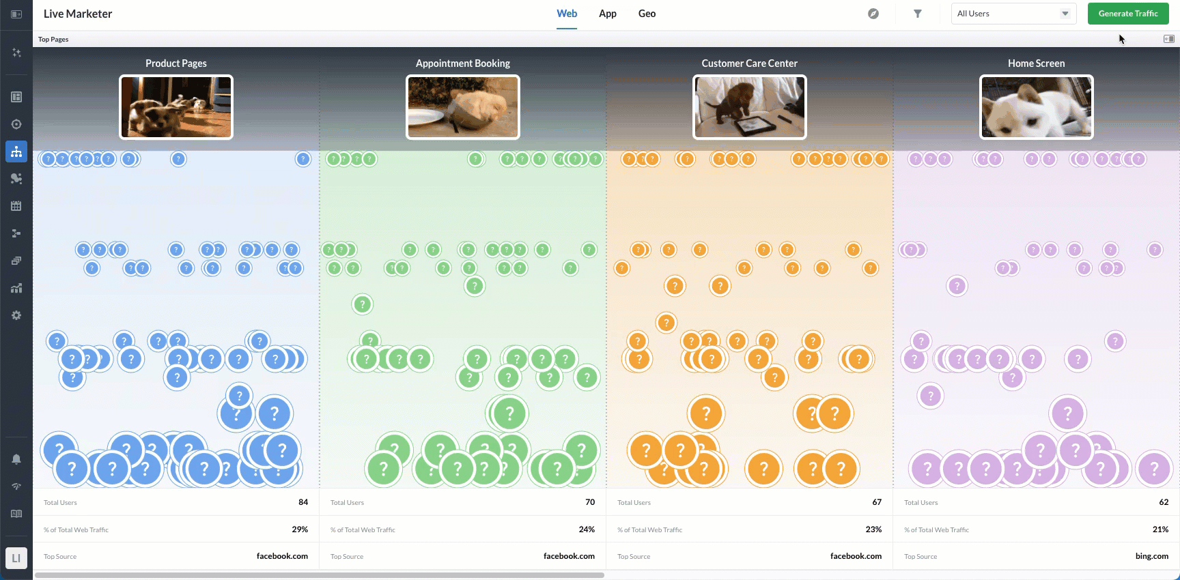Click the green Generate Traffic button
1127,14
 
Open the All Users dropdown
1013,14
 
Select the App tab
607,14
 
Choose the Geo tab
647,14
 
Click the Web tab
567,14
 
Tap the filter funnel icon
918,14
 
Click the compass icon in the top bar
873,14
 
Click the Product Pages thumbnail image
176,107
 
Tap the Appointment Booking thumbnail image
463,107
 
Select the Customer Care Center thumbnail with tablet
750,107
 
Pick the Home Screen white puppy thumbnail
1037,107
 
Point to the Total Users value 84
303,502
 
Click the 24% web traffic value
587,530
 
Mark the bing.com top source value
1151,556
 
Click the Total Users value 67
877,502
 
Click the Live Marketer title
78,14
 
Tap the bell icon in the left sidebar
16,459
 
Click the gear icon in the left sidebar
16,315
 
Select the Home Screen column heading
1036,63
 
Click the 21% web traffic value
1160,530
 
